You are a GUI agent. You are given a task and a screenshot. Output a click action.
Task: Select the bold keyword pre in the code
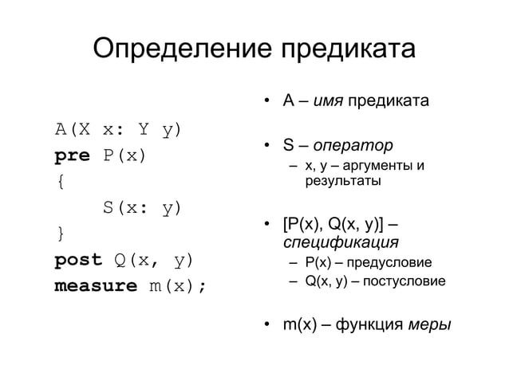pos(72,155)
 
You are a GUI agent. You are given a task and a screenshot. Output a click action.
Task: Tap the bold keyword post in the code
pos(77,260)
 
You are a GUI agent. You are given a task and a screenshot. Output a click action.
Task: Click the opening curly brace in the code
pos(60,182)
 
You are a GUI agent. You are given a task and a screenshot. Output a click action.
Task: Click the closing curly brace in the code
pos(60,234)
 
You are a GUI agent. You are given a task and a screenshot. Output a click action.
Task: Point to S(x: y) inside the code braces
pos(142,208)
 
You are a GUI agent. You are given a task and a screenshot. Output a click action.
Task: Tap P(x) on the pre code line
pos(124,155)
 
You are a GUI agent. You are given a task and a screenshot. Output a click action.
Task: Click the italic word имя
pos(329,102)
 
